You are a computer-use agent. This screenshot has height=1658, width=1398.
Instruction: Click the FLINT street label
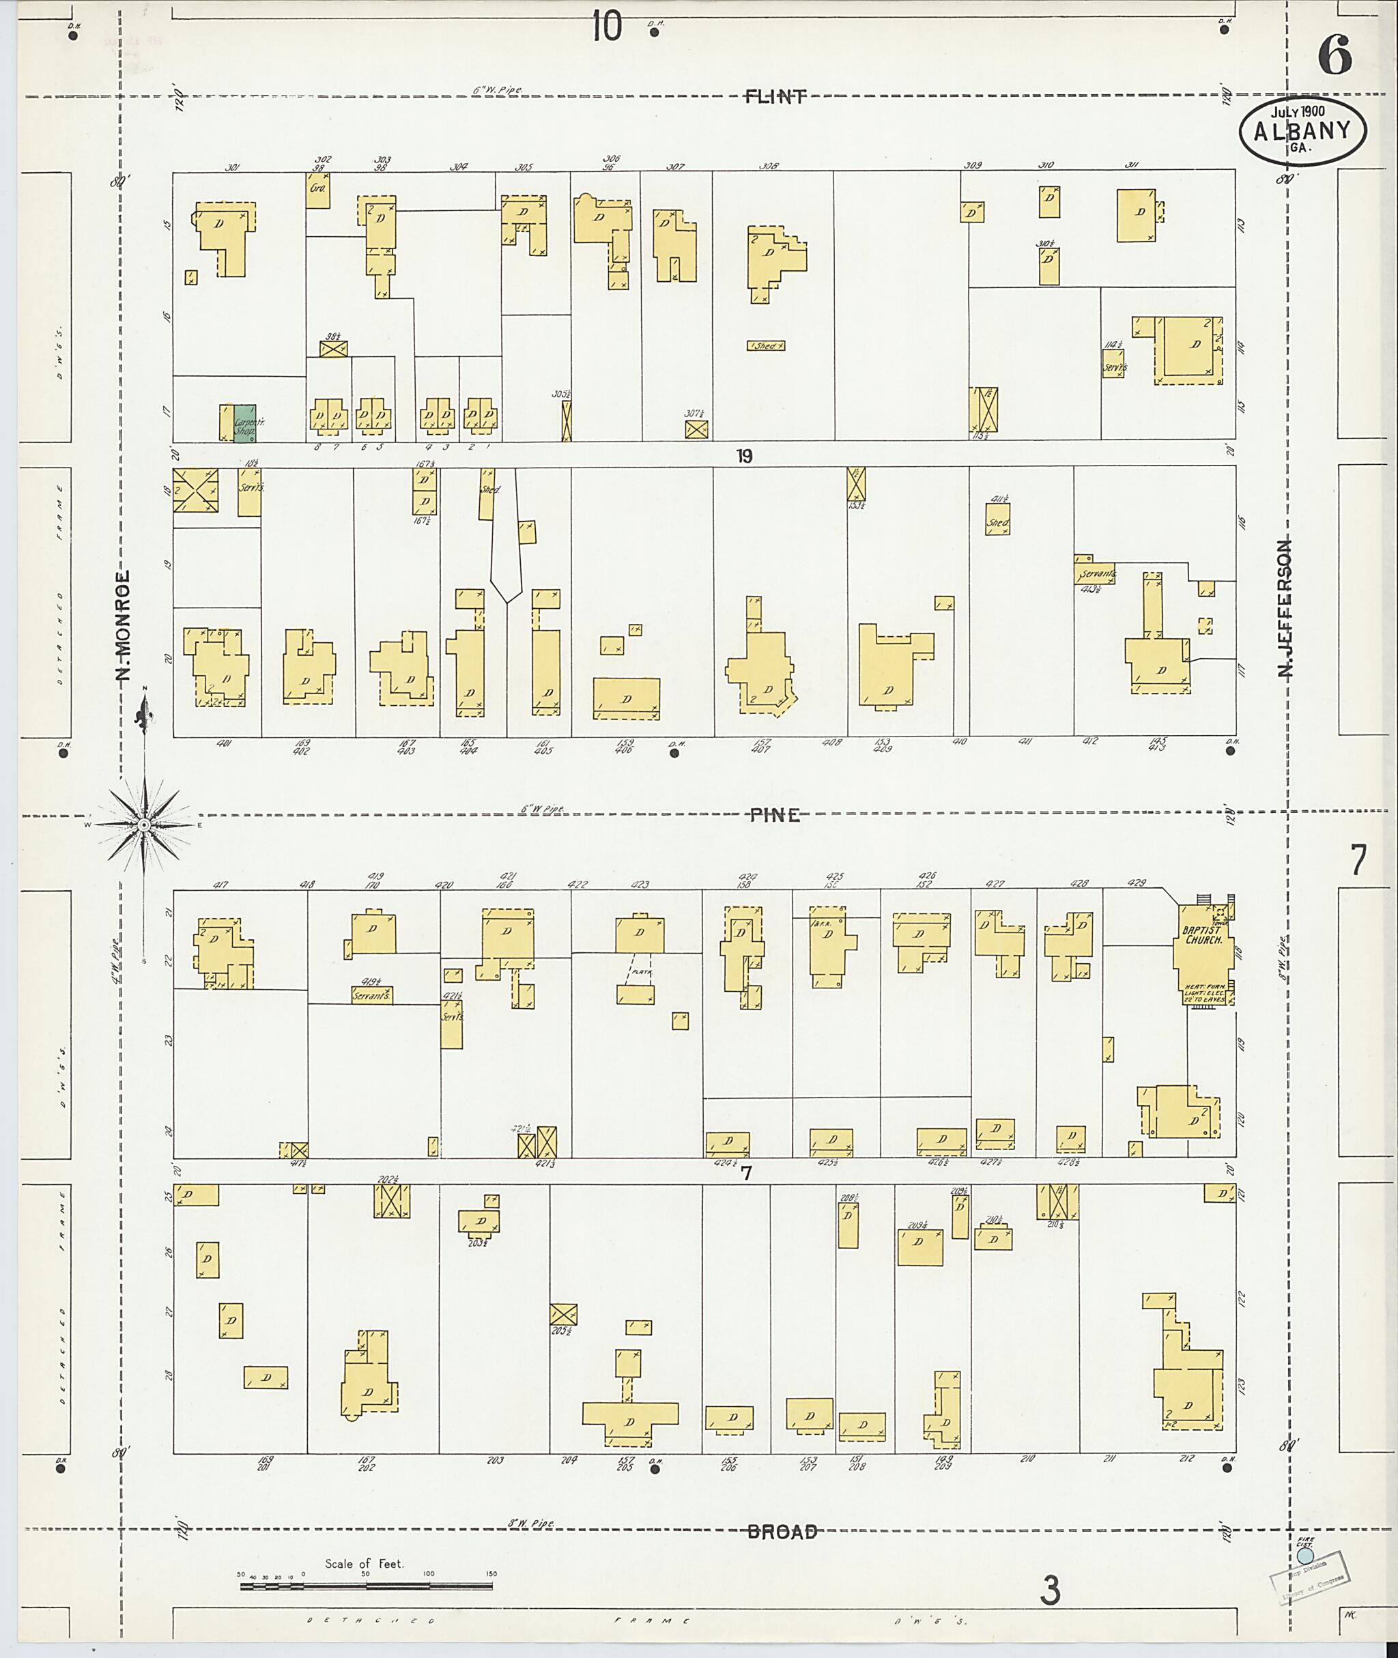[x=774, y=97]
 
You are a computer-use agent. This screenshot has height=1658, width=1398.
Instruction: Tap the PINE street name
[x=774, y=816]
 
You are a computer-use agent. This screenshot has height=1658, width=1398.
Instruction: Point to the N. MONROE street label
[x=123, y=626]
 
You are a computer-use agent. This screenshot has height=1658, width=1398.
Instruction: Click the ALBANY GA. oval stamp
[x=1302, y=132]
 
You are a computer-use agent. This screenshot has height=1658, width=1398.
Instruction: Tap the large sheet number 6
[x=1335, y=56]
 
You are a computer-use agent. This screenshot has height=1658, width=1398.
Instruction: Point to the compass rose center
[x=144, y=825]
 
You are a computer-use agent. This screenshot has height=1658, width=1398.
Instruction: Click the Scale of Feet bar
[x=366, y=1587]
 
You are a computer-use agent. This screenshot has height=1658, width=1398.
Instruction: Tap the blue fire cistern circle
[x=1305, y=1556]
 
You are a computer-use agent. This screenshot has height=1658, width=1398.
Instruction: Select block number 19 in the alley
[x=743, y=457]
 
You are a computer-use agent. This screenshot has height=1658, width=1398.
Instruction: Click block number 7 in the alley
[x=745, y=1173]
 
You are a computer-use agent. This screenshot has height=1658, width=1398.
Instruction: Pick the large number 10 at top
[x=606, y=28]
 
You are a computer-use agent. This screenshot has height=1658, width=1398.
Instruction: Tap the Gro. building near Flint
[x=318, y=190]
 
